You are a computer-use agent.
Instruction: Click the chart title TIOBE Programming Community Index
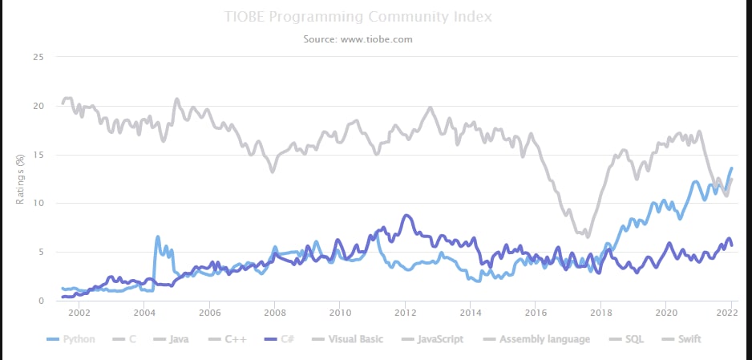click(358, 17)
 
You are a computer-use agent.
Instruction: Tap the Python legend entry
click(71, 339)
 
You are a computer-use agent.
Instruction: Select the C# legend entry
click(279, 339)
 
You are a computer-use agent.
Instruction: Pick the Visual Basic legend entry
click(346, 339)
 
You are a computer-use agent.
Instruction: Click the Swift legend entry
click(680, 339)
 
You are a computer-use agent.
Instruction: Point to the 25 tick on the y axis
click(38, 58)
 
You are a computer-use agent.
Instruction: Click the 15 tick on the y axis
click(38, 155)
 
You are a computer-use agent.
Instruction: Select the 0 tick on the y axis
click(41, 301)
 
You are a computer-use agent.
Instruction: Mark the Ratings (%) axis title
click(20, 180)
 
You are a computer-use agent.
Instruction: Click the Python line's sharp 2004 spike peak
click(157, 237)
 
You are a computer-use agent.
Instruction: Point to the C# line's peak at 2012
click(406, 215)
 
